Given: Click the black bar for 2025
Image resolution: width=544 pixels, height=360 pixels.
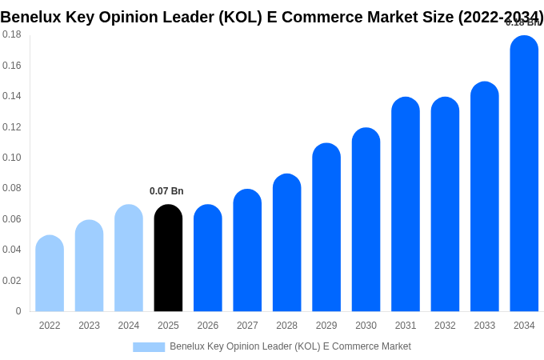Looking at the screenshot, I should tap(168, 258).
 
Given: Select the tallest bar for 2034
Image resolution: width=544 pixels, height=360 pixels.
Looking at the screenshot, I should tap(524, 174).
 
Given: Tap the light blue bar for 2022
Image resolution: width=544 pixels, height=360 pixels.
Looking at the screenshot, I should tap(50, 274).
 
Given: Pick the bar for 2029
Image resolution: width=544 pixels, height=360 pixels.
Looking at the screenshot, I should tap(326, 227).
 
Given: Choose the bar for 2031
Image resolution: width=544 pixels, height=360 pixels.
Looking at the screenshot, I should tap(406, 204).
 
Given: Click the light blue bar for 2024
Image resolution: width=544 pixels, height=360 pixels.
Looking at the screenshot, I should tap(129, 258).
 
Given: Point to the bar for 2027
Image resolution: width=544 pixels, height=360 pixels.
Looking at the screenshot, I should tap(247, 250).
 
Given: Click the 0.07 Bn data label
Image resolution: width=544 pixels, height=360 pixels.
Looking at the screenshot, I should tap(166, 191).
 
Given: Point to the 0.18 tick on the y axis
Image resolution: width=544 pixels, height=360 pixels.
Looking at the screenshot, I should tap(12, 34).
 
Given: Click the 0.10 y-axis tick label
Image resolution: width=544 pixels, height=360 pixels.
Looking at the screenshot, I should tap(12, 158).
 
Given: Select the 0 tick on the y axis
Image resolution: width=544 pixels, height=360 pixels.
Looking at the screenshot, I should tap(18, 311).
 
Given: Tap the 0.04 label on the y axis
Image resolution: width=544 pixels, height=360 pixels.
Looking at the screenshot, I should tap(12, 250).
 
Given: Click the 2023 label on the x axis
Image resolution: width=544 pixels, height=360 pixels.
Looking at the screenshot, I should tap(89, 326).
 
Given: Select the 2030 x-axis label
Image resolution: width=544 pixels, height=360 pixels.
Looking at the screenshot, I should tap(366, 326).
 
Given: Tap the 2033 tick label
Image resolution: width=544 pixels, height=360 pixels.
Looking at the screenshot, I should tap(484, 326).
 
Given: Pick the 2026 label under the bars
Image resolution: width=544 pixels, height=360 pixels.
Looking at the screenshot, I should tap(208, 326).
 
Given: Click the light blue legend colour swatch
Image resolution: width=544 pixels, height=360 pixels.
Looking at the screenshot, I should tap(149, 347).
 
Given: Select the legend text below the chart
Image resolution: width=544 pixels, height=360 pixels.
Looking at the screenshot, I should tap(290, 346).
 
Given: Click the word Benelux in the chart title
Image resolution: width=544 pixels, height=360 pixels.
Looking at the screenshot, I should tap(34, 17).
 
